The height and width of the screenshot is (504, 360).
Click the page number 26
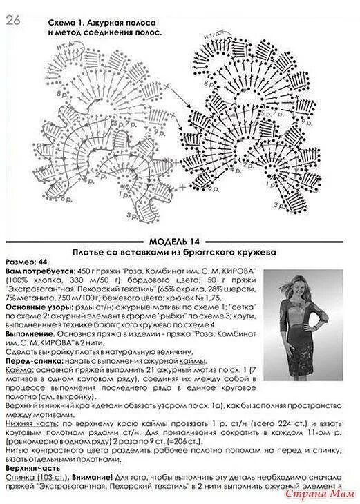pyautogui.click(x=13, y=21)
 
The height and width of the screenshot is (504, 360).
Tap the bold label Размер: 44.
pyautogui.click(x=26, y=263)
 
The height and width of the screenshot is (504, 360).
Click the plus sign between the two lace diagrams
pyautogui.click(x=182, y=187)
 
